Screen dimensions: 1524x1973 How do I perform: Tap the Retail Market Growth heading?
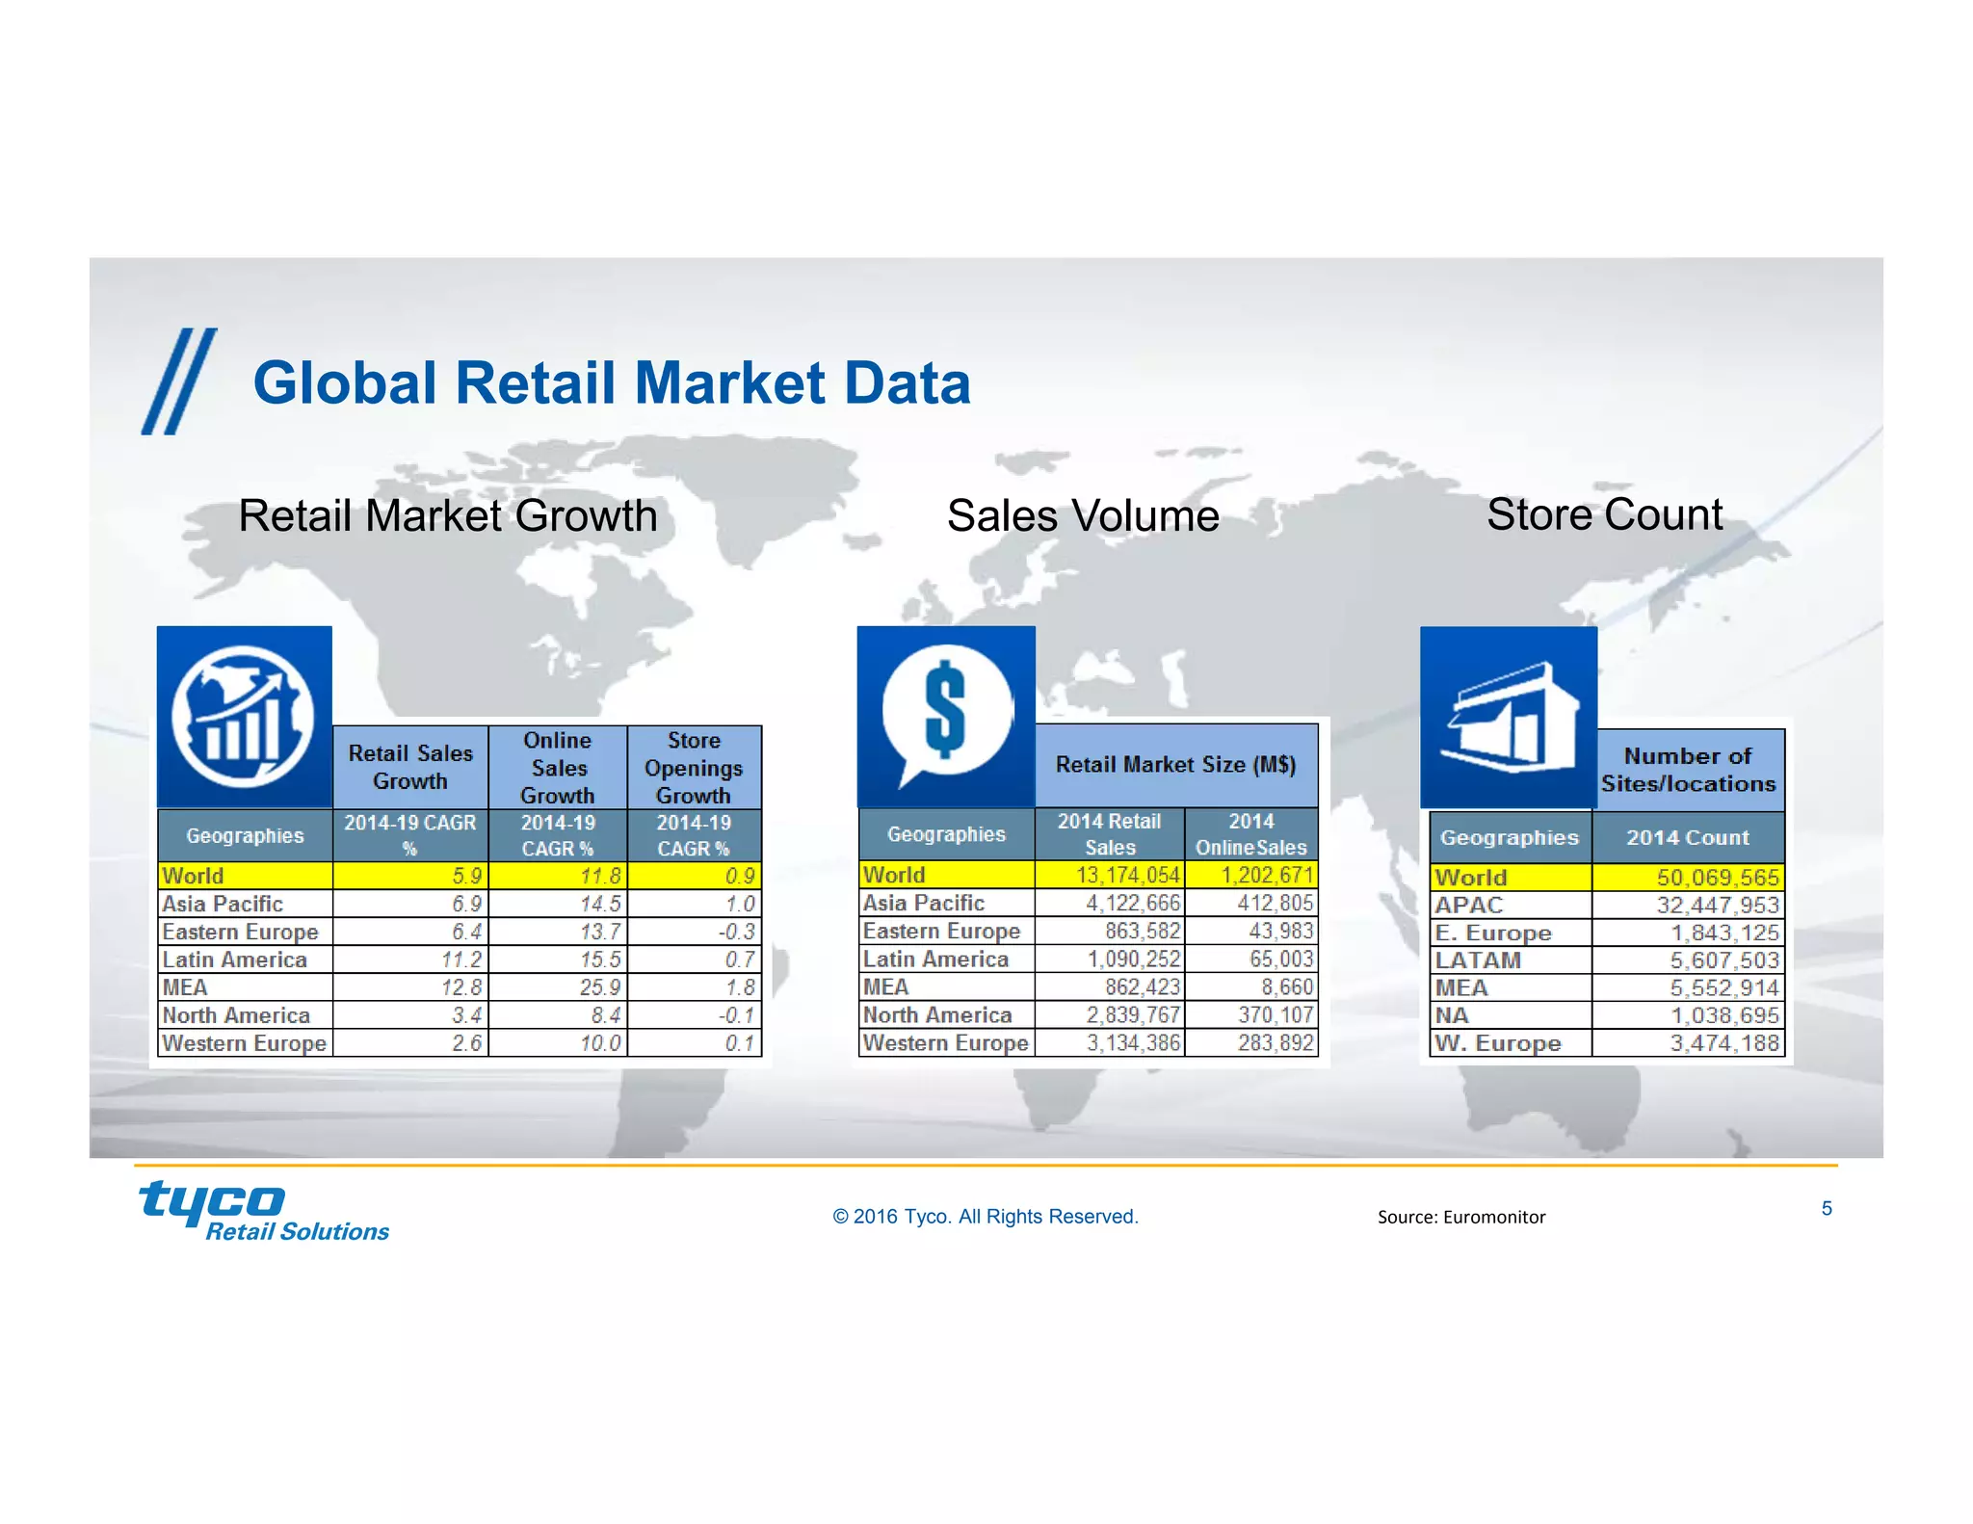(448, 515)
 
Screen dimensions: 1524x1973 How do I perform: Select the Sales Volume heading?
(1083, 515)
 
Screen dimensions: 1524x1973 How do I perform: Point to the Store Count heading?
(1604, 514)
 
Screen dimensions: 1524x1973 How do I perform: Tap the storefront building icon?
(1509, 718)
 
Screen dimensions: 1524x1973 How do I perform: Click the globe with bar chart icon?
(244, 716)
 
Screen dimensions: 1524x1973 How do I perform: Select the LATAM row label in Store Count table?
(1478, 960)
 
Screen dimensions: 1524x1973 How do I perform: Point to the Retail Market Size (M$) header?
(1175, 765)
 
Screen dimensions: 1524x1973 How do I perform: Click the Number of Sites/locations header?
(1688, 770)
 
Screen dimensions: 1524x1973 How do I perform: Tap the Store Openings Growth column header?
(694, 768)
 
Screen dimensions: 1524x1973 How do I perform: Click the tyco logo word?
(212, 1202)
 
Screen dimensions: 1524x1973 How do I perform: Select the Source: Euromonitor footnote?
(1460, 1217)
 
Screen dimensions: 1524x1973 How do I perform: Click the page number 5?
(1826, 1209)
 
